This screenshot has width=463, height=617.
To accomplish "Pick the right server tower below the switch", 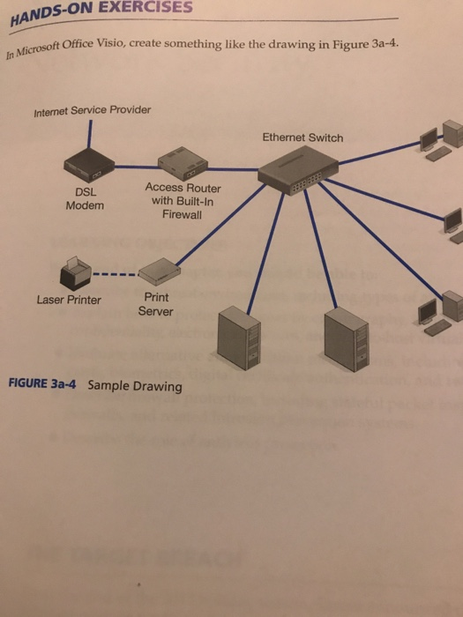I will click(x=345, y=341).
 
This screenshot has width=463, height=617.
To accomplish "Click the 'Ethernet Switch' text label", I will click(x=302, y=138).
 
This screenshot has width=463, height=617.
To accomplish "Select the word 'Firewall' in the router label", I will click(x=183, y=214).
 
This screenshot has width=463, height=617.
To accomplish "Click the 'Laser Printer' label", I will click(x=69, y=300).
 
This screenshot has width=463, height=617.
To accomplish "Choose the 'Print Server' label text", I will click(x=155, y=305).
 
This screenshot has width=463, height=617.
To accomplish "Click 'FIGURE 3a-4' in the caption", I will click(x=43, y=384).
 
